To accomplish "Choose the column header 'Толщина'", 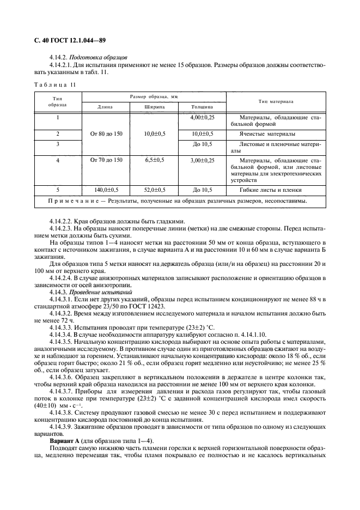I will click(x=203, y=107).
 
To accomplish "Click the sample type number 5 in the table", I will click(x=57, y=190).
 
